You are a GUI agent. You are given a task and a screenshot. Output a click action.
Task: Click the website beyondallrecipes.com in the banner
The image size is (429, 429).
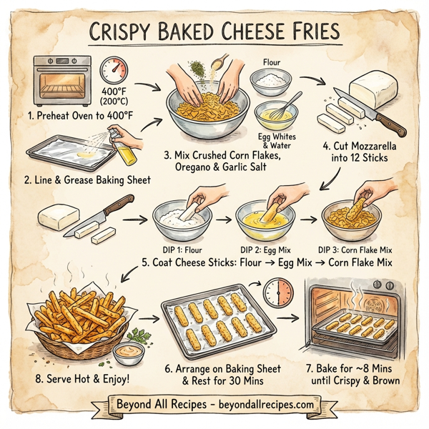(263, 405)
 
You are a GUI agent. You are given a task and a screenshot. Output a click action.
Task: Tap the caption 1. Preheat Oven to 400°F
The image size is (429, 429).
(82, 115)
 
